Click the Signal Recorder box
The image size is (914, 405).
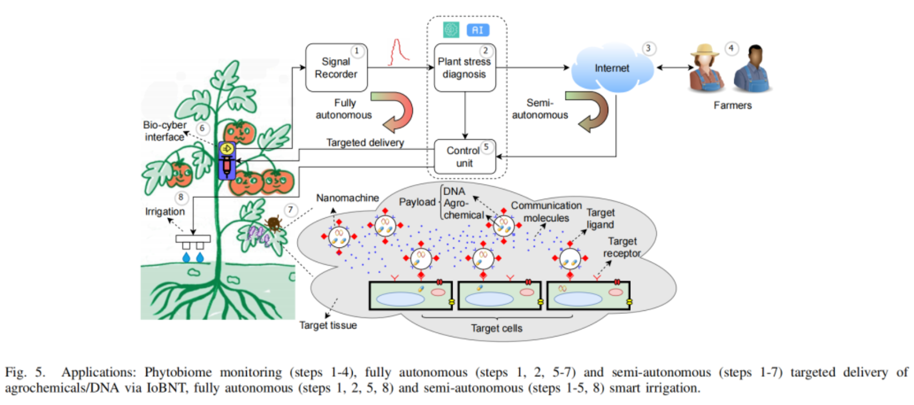(x=336, y=68)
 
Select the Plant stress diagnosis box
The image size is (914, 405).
(x=465, y=68)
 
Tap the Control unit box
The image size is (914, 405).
(x=464, y=156)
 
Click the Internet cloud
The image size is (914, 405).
(x=612, y=69)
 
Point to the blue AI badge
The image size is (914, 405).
(x=478, y=30)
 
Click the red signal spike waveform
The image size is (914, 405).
(x=398, y=53)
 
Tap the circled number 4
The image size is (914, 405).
(x=731, y=48)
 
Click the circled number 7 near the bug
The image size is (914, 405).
(x=291, y=210)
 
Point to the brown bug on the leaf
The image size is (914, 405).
(x=273, y=223)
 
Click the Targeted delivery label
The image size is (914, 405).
(x=365, y=142)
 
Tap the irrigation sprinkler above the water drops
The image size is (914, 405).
(x=193, y=241)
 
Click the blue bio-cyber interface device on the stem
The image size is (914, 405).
(x=227, y=160)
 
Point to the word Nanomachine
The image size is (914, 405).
(x=347, y=198)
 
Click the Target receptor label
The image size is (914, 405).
(x=622, y=248)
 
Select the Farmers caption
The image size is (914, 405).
(x=733, y=105)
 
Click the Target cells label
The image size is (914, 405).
(x=496, y=328)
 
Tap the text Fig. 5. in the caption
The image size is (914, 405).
(x=25, y=373)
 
